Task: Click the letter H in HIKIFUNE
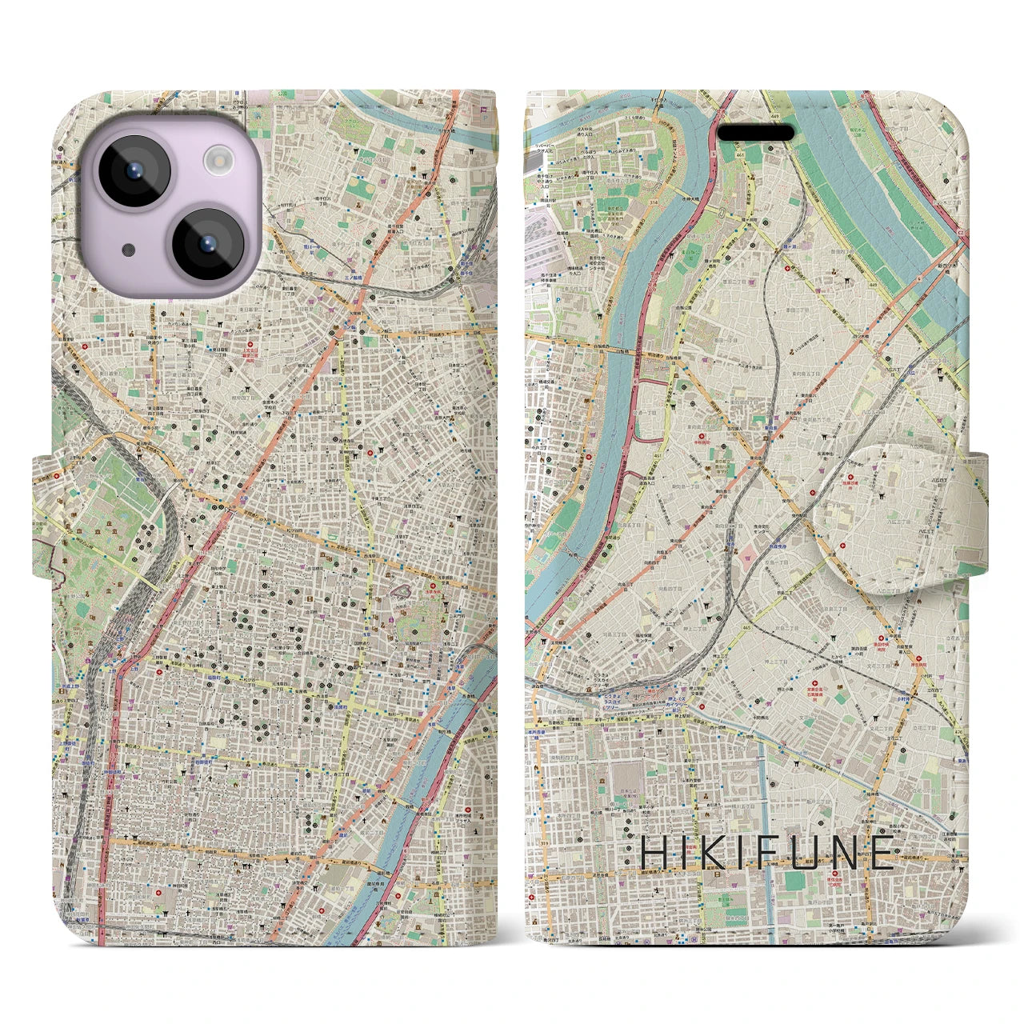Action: [x=654, y=853]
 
